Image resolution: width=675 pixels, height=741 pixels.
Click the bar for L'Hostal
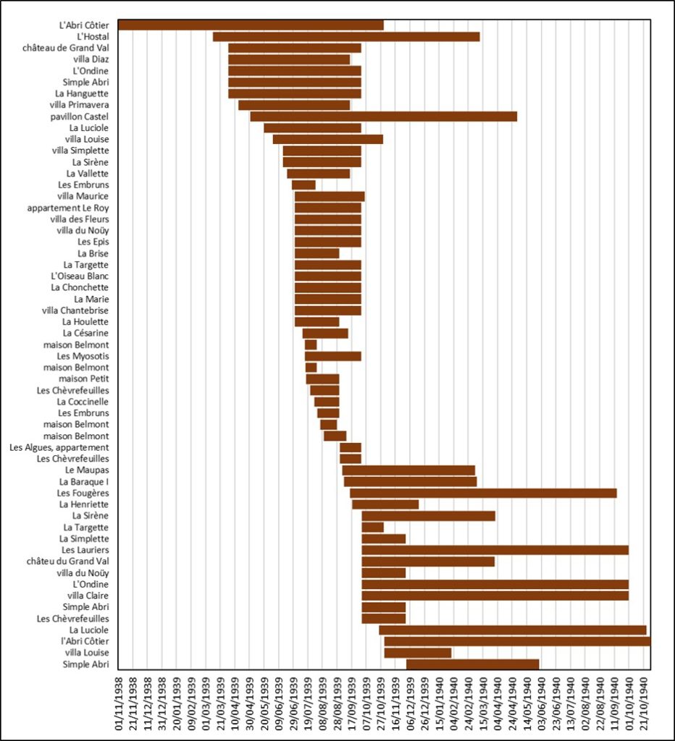[346, 37]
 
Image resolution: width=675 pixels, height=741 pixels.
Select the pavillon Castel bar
[384, 117]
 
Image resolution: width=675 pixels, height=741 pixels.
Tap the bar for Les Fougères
[483, 494]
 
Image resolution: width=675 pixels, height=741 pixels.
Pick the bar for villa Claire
[495, 596]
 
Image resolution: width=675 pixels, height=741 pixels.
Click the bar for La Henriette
[385, 504]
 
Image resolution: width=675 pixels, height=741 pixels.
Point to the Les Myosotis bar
[333, 356]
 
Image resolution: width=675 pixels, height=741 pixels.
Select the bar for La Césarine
[325, 333]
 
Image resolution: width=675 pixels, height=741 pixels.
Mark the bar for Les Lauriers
[495, 550]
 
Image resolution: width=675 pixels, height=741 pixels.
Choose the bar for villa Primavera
[294, 106]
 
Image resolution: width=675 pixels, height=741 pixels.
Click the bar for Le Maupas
[408, 470]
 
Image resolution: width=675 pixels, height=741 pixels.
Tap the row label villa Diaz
[91, 59]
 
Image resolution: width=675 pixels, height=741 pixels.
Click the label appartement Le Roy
[68, 208]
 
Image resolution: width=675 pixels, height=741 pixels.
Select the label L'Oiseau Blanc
[80, 276]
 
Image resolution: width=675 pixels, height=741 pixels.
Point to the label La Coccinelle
[83, 402]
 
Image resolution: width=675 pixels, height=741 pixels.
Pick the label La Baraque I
[84, 482]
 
